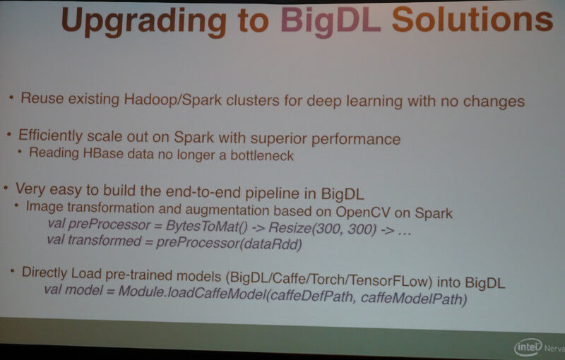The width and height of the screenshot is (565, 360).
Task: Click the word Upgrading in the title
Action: (x=144, y=22)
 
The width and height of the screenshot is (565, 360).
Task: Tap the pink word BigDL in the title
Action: (x=331, y=21)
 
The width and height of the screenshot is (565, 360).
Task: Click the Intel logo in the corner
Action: (x=528, y=347)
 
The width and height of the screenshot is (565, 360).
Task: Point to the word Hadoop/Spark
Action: (x=173, y=100)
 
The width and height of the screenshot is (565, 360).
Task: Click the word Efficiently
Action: (x=50, y=136)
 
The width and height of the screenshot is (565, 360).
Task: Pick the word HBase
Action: (x=103, y=153)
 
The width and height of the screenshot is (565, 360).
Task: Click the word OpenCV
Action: (x=362, y=212)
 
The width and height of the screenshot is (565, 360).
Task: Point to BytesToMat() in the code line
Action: (x=206, y=226)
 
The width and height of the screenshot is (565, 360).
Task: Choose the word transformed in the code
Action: (x=105, y=240)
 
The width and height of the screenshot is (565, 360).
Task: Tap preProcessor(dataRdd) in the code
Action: (x=229, y=244)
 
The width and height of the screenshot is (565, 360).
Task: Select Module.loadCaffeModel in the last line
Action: (x=192, y=292)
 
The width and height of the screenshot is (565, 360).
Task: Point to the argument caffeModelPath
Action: (x=414, y=299)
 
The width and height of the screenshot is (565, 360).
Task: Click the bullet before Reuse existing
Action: (x=11, y=97)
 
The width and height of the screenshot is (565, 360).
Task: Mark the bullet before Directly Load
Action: (x=13, y=270)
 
